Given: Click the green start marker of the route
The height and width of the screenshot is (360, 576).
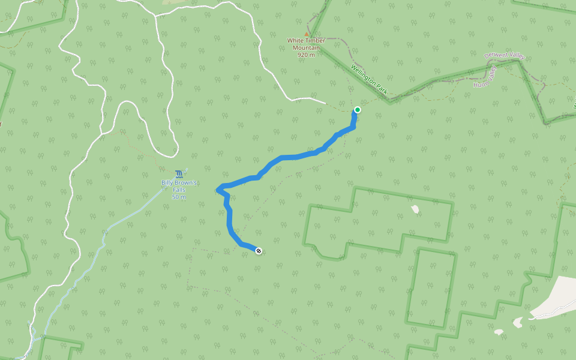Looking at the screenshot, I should (358, 110).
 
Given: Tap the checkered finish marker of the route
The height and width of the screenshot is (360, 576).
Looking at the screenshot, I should (259, 251).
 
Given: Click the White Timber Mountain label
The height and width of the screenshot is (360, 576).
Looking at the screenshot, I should (306, 44).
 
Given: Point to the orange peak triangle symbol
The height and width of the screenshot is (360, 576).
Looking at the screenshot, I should (307, 34).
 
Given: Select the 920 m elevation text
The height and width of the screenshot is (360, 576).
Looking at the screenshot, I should (306, 55).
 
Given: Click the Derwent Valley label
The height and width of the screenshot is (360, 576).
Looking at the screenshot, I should (505, 56).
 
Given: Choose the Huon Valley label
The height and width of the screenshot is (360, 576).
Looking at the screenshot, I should (485, 77).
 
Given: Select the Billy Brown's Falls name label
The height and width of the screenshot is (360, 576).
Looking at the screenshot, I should (179, 185).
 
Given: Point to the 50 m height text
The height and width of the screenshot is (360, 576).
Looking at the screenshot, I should (179, 197).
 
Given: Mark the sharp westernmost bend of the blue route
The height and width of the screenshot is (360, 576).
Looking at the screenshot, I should (217, 190).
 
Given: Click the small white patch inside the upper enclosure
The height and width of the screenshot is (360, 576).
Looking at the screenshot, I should (415, 209).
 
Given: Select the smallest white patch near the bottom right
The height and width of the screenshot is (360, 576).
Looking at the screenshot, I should (499, 331).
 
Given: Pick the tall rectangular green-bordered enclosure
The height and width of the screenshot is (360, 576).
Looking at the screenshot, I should (431, 289).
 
